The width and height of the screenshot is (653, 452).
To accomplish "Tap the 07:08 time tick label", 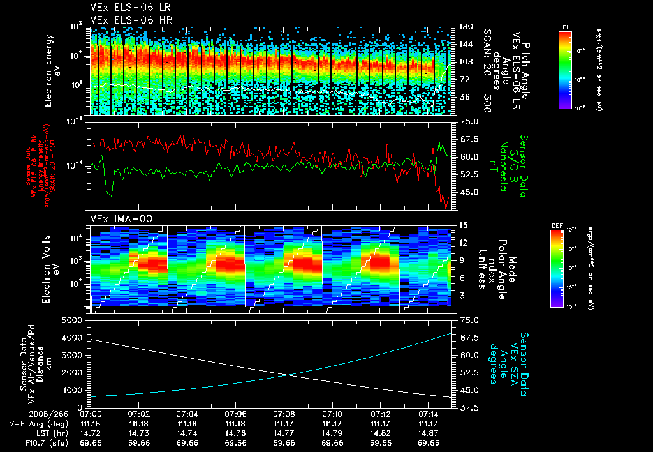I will click(x=284, y=414).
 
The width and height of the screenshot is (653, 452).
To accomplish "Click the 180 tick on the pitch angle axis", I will click(x=464, y=27).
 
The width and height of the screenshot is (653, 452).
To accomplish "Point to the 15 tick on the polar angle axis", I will click(x=464, y=225).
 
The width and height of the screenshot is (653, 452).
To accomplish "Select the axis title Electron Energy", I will click(x=48, y=70).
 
